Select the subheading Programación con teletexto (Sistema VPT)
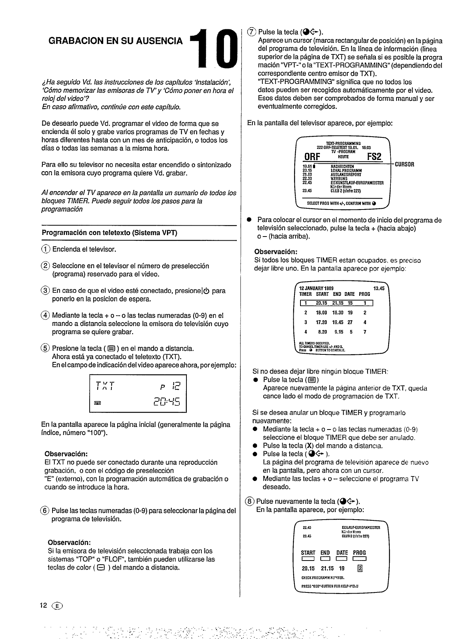[x=110, y=232]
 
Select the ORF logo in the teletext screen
[x=311, y=157]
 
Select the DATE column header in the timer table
[x=349, y=294]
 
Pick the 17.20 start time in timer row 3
[x=321, y=322]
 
